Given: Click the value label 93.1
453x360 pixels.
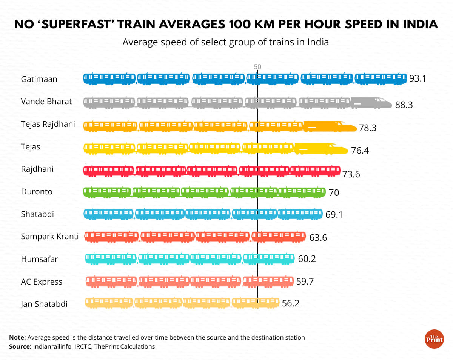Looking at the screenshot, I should (418, 79).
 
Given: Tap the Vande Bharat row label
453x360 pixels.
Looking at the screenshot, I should (46, 102).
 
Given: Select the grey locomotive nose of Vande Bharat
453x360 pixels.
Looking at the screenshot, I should (371, 103).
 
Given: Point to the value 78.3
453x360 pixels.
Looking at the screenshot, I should (368, 128).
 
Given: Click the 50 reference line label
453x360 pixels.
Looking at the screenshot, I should (257, 67).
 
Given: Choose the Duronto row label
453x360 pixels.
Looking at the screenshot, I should (37, 192).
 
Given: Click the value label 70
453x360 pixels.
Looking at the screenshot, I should (334, 193).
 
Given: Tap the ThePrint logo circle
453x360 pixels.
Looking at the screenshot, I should (434, 339).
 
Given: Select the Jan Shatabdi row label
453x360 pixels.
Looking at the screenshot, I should (44, 304).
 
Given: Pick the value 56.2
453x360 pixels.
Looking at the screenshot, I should (291, 303).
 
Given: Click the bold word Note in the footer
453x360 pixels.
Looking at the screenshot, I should (17, 337).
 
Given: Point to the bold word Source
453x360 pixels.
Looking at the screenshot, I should (19, 346).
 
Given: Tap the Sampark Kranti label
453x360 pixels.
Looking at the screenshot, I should (50, 237).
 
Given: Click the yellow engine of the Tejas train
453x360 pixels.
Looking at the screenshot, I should (321, 149).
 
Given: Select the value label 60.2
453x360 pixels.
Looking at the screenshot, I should (307, 259).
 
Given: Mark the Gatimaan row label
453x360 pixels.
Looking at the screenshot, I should (39, 79).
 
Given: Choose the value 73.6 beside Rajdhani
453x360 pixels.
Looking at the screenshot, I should (351, 174).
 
